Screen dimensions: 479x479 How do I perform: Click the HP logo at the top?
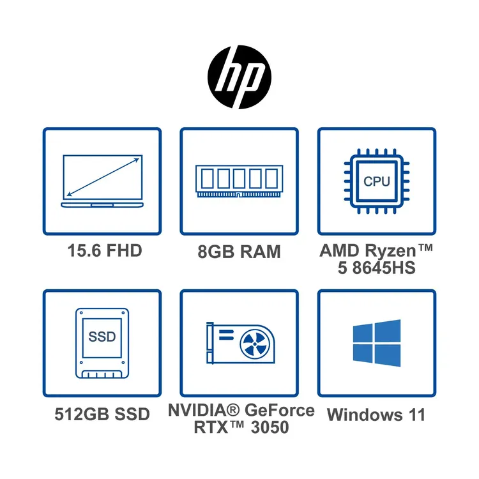click(240, 77)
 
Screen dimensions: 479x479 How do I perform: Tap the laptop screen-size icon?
click(102, 181)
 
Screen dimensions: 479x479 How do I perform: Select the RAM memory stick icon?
click(240, 181)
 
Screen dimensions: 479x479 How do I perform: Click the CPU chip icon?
click(377, 181)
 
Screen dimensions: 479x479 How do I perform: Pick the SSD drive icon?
click(102, 344)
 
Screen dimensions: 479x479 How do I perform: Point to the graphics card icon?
click(241, 343)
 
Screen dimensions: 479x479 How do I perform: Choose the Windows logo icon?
click(377, 343)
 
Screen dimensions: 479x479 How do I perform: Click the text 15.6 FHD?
click(105, 250)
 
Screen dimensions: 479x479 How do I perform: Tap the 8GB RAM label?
click(240, 252)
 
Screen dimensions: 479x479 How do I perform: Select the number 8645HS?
click(384, 268)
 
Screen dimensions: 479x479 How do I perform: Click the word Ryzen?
click(390, 252)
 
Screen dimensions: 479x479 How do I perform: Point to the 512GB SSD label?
click(102, 414)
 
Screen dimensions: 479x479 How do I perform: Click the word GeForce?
click(280, 410)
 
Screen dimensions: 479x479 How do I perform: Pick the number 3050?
click(270, 427)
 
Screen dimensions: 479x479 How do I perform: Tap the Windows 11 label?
click(376, 414)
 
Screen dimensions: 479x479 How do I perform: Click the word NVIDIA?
click(200, 410)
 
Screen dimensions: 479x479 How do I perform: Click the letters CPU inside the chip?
click(377, 181)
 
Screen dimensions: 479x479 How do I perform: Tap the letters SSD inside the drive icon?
click(102, 337)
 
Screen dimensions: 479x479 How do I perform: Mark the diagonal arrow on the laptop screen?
click(103, 177)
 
